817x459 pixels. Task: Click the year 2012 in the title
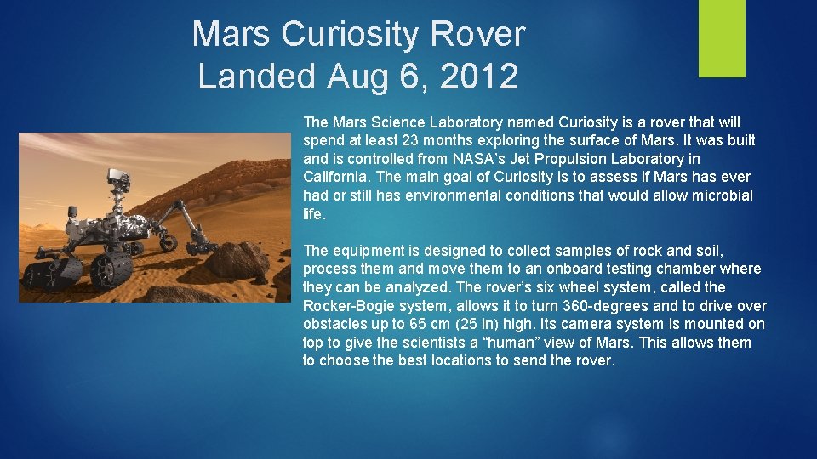(481, 76)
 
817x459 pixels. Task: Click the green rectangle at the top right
(722, 38)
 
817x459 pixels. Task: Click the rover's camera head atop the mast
(116, 177)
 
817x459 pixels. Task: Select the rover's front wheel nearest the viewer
(110, 271)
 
